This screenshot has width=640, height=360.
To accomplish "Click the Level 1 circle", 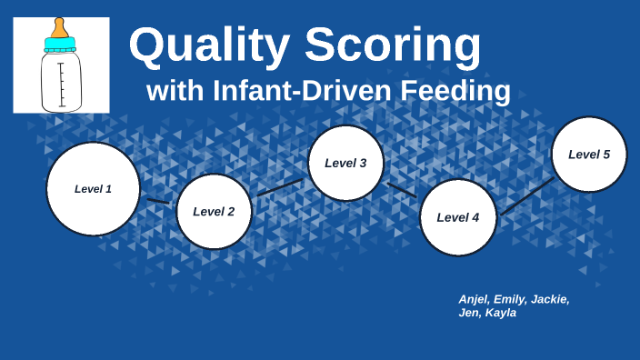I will click(x=93, y=189).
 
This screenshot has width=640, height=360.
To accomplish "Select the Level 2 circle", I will click(x=214, y=212).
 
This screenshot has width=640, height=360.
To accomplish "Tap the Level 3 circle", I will click(x=345, y=164).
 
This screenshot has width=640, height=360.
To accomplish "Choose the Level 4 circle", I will click(x=458, y=217).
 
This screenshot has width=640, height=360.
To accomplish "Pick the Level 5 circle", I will click(x=589, y=155).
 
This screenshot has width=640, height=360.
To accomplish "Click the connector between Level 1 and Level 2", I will click(x=158, y=200).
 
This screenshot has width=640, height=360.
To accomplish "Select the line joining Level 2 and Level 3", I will click(x=279, y=187).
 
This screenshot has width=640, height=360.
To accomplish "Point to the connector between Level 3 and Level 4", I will click(x=402, y=190).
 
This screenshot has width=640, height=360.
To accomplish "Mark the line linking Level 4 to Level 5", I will click(x=526, y=196).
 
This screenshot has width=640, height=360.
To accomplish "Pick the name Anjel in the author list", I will click(x=474, y=299).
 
